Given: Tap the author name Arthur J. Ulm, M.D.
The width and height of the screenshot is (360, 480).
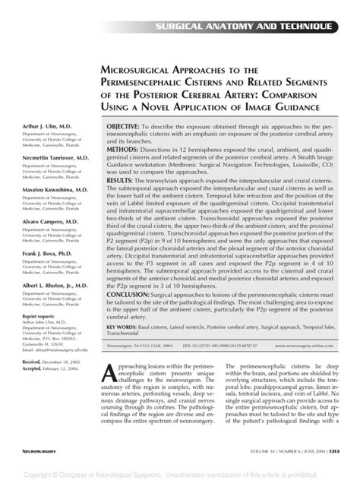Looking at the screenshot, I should [x=37, y=125].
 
